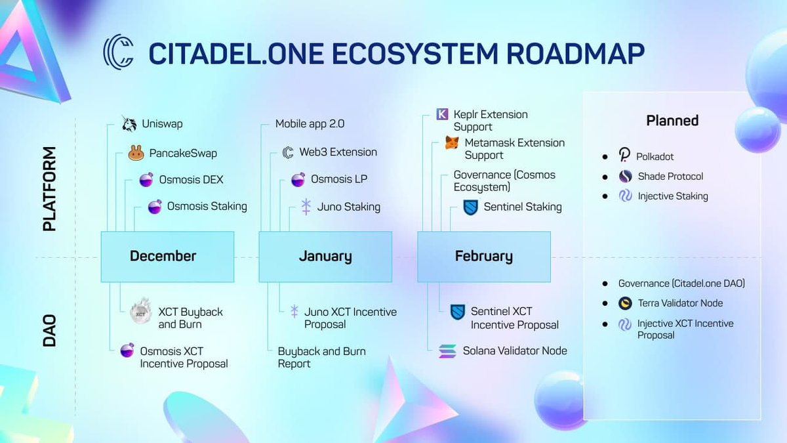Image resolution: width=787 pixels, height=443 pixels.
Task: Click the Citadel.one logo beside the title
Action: coord(119,52)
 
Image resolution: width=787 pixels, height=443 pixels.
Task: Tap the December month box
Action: coord(168,257)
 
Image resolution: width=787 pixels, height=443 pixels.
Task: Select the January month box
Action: coord(326,257)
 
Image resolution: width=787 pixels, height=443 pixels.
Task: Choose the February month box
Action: coord(484,257)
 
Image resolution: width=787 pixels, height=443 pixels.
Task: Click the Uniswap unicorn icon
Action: coord(129,123)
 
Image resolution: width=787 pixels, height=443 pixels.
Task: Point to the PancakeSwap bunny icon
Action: coord(136,153)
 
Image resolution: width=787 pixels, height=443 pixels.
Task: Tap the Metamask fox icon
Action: coord(452,143)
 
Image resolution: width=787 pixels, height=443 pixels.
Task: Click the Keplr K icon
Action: coord(442,114)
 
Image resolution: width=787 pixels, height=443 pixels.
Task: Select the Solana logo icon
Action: coord(447,351)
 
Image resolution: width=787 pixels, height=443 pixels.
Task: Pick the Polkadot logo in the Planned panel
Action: coord(624,155)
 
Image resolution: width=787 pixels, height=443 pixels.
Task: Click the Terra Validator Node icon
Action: coord(625,303)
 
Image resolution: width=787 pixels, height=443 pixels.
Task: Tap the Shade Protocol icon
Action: coord(626,176)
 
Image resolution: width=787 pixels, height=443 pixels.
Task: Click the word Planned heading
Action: coord(672,121)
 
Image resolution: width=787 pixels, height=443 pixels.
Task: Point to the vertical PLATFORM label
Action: coord(50,189)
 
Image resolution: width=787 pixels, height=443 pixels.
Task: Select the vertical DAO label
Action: coord(50,331)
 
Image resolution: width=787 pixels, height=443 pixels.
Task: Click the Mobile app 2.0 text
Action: coord(310,124)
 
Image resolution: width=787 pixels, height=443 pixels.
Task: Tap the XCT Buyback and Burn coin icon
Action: coord(140,312)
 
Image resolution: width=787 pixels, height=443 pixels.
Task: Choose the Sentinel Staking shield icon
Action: coord(471,207)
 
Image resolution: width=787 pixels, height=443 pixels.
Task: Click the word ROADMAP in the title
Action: coord(576,54)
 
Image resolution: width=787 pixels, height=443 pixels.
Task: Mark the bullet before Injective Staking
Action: coord(605,196)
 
